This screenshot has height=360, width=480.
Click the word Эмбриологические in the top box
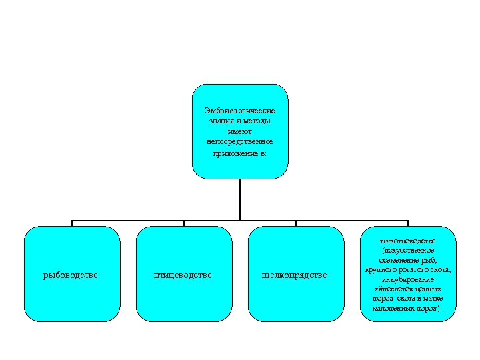[x=240, y=110]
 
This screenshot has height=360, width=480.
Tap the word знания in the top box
[x=221, y=121]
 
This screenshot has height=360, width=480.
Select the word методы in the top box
[x=257, y=121]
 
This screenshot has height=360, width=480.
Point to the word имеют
[x=240, y=131]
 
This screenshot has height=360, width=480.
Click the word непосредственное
[x=240, y=142]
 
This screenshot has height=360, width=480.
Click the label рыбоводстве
[x=71, y=275]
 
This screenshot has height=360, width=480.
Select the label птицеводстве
[x=183, y=275]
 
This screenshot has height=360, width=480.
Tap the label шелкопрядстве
[x=295, y=275]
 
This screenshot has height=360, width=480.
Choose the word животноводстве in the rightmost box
[x=407, y=239]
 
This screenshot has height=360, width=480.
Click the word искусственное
[x=409, y=249]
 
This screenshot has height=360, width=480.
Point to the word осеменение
[x=397, y=259]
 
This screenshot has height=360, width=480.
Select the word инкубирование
[x=407, y=279]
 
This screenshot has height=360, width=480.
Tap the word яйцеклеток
[x=393, y=290]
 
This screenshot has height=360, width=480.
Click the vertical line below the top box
[x=240, y=200]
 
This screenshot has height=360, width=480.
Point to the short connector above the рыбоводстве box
[x=72, y=223]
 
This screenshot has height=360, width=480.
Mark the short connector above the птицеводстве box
[x=184, y=223]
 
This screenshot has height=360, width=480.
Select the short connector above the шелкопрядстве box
[x=296, y=223]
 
